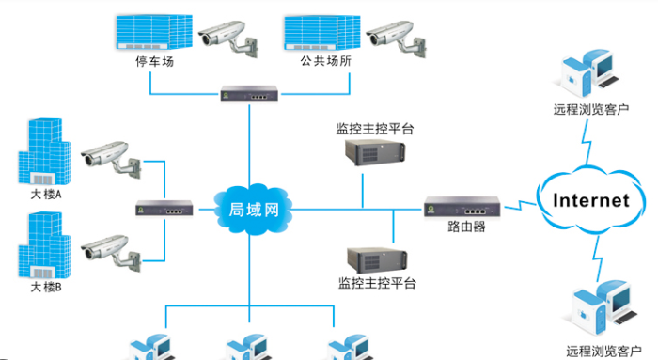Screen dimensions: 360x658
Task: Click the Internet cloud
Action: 590,200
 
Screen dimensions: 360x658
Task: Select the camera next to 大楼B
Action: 110,249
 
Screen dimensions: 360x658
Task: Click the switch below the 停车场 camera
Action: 249,93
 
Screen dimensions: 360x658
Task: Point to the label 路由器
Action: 466,227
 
